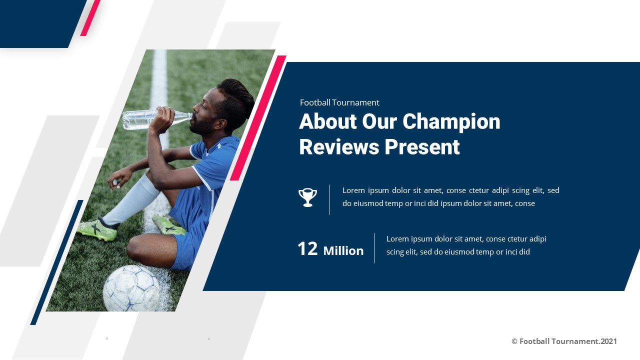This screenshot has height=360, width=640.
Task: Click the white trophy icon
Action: (307, 197)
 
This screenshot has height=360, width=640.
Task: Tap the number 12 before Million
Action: (307, 249)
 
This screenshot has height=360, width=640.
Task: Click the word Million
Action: (343, 251)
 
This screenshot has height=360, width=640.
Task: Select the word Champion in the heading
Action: (451, 121)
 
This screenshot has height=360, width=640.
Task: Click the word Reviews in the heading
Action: (338, 147)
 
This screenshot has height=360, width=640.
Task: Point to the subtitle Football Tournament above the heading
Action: (339, 102)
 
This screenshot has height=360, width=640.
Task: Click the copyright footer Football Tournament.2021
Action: (564, 341)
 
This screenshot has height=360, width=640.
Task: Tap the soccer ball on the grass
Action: (131, 288)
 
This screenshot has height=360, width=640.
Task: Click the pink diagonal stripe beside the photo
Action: (257, 118)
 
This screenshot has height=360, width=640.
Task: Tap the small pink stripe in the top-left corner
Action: (90, 18)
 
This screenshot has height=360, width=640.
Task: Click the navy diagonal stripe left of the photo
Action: (56, 263)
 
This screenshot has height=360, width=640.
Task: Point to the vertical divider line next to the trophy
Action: (329, 199)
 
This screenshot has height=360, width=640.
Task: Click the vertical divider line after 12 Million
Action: (374, 248)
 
